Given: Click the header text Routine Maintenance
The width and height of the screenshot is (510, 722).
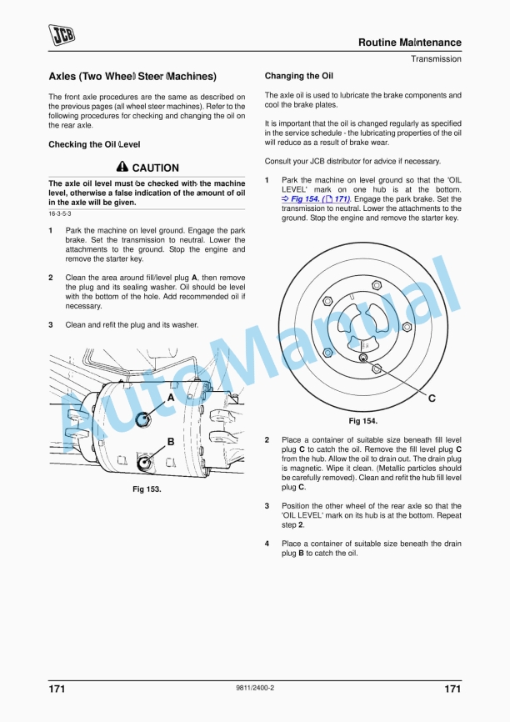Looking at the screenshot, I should (409, 43).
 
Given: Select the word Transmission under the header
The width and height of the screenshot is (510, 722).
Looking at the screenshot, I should (435, 59).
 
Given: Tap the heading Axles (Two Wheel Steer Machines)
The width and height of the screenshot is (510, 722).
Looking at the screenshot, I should (132, 77).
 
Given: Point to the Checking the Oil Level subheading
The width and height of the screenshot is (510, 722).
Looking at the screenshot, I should (93, 145).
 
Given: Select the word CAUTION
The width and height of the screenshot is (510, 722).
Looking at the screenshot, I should (155, 168).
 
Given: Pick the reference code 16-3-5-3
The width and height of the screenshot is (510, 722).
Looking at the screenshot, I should (60, 214).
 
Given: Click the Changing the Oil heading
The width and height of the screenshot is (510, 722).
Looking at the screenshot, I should (298, 76).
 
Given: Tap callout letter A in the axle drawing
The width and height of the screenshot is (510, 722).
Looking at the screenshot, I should (171, 399).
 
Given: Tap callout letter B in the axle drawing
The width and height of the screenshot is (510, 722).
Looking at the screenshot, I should (171, 441).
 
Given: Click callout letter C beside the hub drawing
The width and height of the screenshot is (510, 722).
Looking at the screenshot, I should (432, 399).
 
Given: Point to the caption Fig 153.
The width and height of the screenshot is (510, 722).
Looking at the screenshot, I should (147, 489).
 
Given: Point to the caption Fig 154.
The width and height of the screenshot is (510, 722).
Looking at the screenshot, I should (362, 421).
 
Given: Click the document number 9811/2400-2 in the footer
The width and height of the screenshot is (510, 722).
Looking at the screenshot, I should (255, 688).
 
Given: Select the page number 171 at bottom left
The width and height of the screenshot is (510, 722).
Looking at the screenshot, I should (57, 689).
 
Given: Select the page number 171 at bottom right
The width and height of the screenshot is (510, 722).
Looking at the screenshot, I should (452, 689).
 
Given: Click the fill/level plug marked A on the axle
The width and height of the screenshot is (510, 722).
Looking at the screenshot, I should (142, 419).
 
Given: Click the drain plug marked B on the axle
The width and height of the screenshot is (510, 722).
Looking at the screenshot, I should (145, 461).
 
